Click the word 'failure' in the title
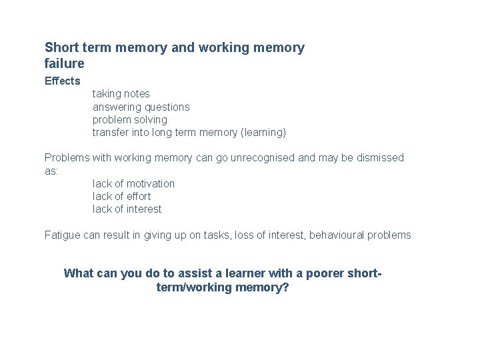tap(65, 64)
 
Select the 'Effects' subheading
tap(62, 81)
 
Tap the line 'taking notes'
tap(121, 94)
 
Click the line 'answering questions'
tap(141, 107)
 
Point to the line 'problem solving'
tap(130, 120)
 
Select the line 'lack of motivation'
tap(133, 184)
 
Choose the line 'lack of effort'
tap(121, 197)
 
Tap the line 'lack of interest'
tap(127, 209)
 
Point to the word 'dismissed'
tap(379, 158)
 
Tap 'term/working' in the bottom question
tap(193, 288)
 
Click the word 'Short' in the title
tap(61, 48)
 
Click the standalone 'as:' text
tap(52, 171)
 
